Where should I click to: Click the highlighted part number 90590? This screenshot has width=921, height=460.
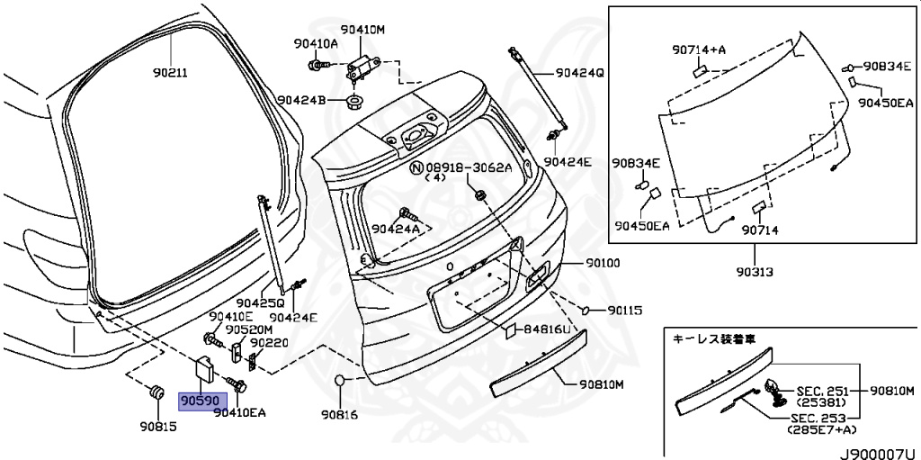tap(197, 399)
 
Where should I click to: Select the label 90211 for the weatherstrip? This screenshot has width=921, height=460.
tap(169, 73)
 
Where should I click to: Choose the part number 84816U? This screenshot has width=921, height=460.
tap(548, 331)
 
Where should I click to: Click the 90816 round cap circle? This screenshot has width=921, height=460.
tap(340, 383)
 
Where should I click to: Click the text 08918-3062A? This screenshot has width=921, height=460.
tap(468, 167)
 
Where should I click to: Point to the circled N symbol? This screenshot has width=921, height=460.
tap(416, 167)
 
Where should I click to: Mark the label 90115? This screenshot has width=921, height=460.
tap(624, 311)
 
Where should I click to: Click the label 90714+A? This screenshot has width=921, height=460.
tap(698, 49)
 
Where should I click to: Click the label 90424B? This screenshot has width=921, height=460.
tap(300, 100)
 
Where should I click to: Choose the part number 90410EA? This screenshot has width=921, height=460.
tap(240, 413)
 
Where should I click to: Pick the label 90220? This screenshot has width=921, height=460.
tap(268, 343)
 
